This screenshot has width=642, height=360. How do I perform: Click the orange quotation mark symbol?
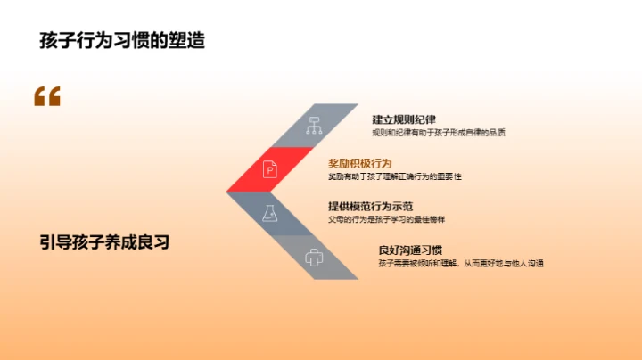coord(47,96)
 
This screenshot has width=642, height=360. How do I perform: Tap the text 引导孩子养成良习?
coord(104,241)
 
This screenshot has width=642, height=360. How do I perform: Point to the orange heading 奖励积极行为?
coord(360,163)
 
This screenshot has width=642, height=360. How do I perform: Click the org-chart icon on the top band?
coord(313,126)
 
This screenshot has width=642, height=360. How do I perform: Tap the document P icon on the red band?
coord(269,169)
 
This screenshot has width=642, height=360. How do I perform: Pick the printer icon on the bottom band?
coord(314,258)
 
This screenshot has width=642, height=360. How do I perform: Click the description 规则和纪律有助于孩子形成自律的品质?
coord(439,133)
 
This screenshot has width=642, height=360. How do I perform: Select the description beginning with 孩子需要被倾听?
coord(461,263)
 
